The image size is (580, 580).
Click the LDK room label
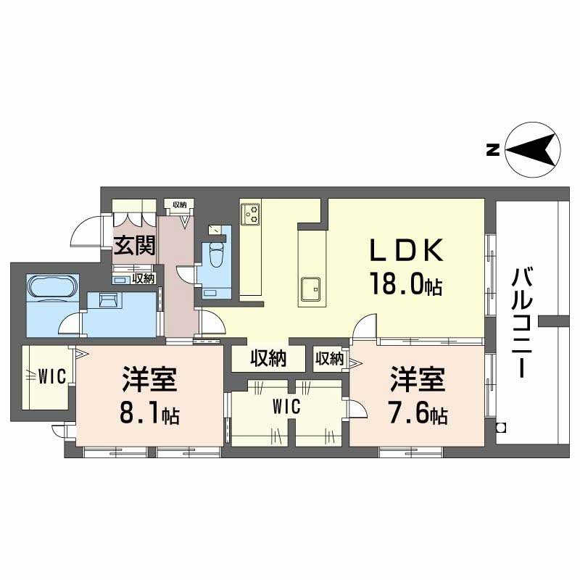pyautogui.click(x=405, y=251)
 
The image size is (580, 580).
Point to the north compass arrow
pyautogui.click(x=533, y=152)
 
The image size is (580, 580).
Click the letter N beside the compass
pyautogui.click(x=492, y=152)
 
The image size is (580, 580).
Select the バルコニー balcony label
pyautogui.click(x=522, y=322)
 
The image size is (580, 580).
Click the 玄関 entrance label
pyautogui.click(x=135, y=246)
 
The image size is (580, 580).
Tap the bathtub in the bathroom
pyautogui.click(x=51, y=286)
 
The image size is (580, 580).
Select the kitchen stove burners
pyautogui.click(x=252, y=212)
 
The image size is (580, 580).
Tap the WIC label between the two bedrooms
pyautogui.click(x=286, y=408)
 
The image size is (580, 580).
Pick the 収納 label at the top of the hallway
pyautogui.click(x=179, y=204)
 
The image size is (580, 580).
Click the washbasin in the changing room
pyautogui.click(x=107, y=300)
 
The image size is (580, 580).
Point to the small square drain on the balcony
pyautogui.click(x=500, y=427)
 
